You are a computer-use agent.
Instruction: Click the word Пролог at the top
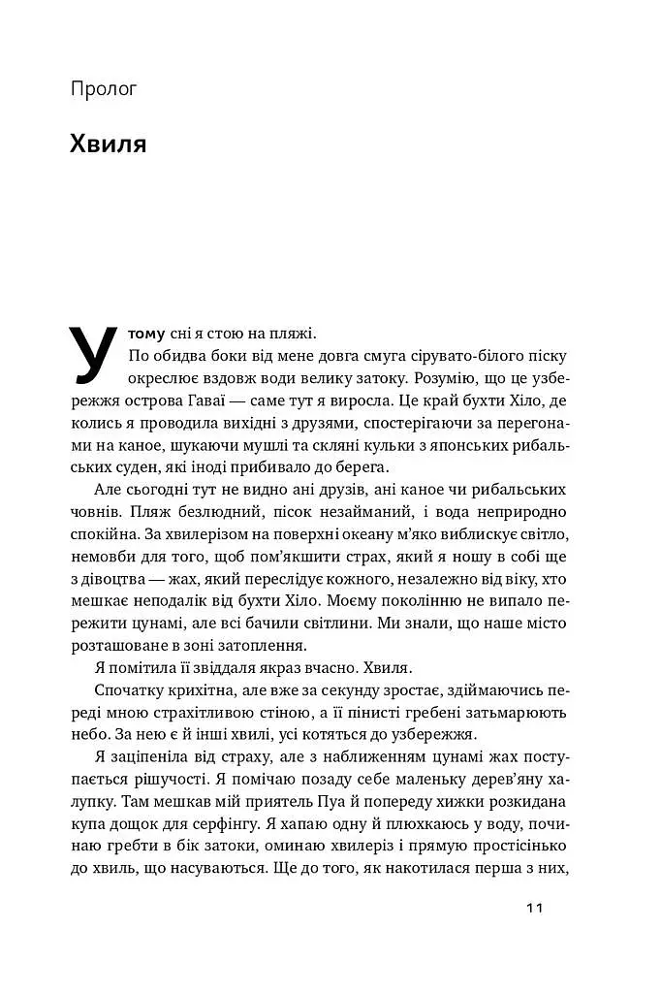click(x=104, y=90)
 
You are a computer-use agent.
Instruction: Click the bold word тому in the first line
click(x=146, y=331)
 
